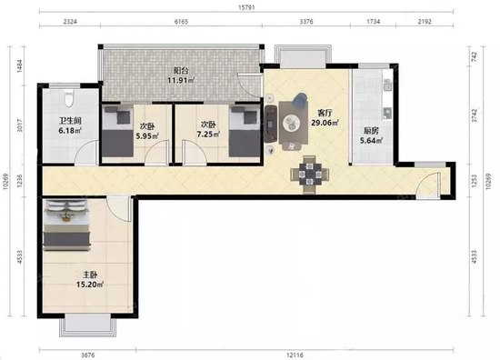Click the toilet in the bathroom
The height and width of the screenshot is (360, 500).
pos(68,98)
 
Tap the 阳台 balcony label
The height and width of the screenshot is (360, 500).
pos(181,71)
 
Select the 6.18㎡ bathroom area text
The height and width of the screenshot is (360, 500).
pos(70,130)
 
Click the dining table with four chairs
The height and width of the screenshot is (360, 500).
pos(310,175)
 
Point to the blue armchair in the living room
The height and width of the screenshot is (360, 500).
pos(300,100)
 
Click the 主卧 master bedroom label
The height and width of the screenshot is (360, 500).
pos(90,275)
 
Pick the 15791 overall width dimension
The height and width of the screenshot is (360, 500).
pos(246,7)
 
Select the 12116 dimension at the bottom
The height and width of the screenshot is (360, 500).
pos(295,355)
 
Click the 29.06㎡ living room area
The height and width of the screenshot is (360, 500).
pos(325,123)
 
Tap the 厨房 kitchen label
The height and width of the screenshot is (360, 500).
pos(371,131)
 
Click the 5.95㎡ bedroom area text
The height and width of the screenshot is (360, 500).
pos(147,136)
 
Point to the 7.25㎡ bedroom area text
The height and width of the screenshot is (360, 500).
pos(208,135)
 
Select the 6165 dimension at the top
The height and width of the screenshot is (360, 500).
pos(181,22)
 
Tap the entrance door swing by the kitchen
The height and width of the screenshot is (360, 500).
pos(429,185)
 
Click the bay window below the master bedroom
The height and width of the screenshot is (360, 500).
pos(87,325)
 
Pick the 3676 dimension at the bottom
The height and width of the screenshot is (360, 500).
pos(87,355)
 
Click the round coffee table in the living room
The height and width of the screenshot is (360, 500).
pos(292,123)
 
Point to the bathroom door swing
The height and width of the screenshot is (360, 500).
pos(86,153)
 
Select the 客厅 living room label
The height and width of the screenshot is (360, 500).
pos(325,113)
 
